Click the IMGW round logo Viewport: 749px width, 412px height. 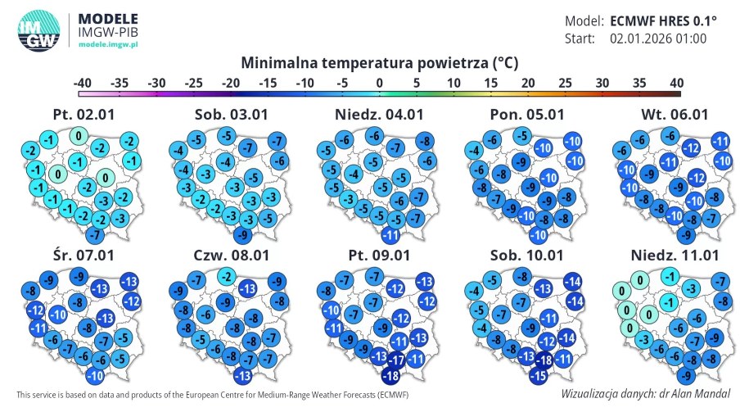click(38, 32)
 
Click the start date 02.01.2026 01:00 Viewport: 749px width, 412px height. click(658, 38)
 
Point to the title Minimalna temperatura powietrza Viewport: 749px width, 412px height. click(379, 63)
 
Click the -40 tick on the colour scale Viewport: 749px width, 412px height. click(82, 83)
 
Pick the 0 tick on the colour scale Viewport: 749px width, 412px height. click(379, 83)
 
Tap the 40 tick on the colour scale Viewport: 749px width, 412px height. click(675, 83)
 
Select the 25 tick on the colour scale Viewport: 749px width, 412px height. click(565, 83)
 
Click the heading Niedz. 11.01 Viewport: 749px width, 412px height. click(672, 255)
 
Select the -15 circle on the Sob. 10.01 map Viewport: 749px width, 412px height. click(538, 376)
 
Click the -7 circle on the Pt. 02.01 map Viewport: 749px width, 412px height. click(95, 236)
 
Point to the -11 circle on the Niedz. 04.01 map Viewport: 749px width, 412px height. click(390, 236)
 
